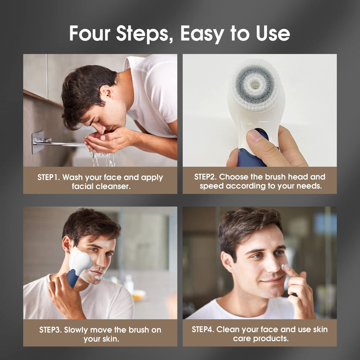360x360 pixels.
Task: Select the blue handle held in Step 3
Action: click(72, 278)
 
